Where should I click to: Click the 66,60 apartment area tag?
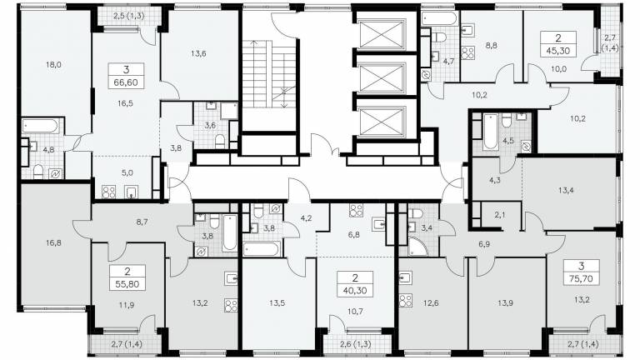coord(127,82)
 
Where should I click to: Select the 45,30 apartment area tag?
coord(558,51)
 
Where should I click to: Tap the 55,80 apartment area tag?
coord(127,284)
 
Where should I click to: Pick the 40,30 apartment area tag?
coord(355,291)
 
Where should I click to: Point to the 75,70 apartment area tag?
coord(581,279)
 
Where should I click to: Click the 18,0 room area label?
coord(53,64)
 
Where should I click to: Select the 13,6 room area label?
coord(198,53)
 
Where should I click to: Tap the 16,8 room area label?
coord(53,242)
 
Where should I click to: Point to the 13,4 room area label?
coord(566,189)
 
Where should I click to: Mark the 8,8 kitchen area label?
coord(492,45)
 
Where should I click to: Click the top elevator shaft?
coord(382,34)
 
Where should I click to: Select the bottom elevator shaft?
coord(382,121)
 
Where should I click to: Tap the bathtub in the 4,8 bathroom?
coord(40,126)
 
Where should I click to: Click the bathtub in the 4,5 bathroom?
coord(490,132)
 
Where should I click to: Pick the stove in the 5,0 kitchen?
coord(108,192)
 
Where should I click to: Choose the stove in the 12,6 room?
coord(406,300)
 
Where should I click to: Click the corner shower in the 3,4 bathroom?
coord(417,247)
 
